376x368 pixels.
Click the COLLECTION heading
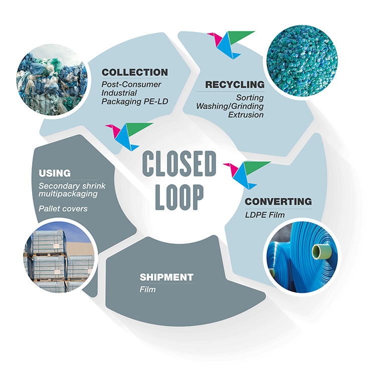134,72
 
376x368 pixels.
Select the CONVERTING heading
278,202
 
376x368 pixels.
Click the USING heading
54,173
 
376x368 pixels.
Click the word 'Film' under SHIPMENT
148,289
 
